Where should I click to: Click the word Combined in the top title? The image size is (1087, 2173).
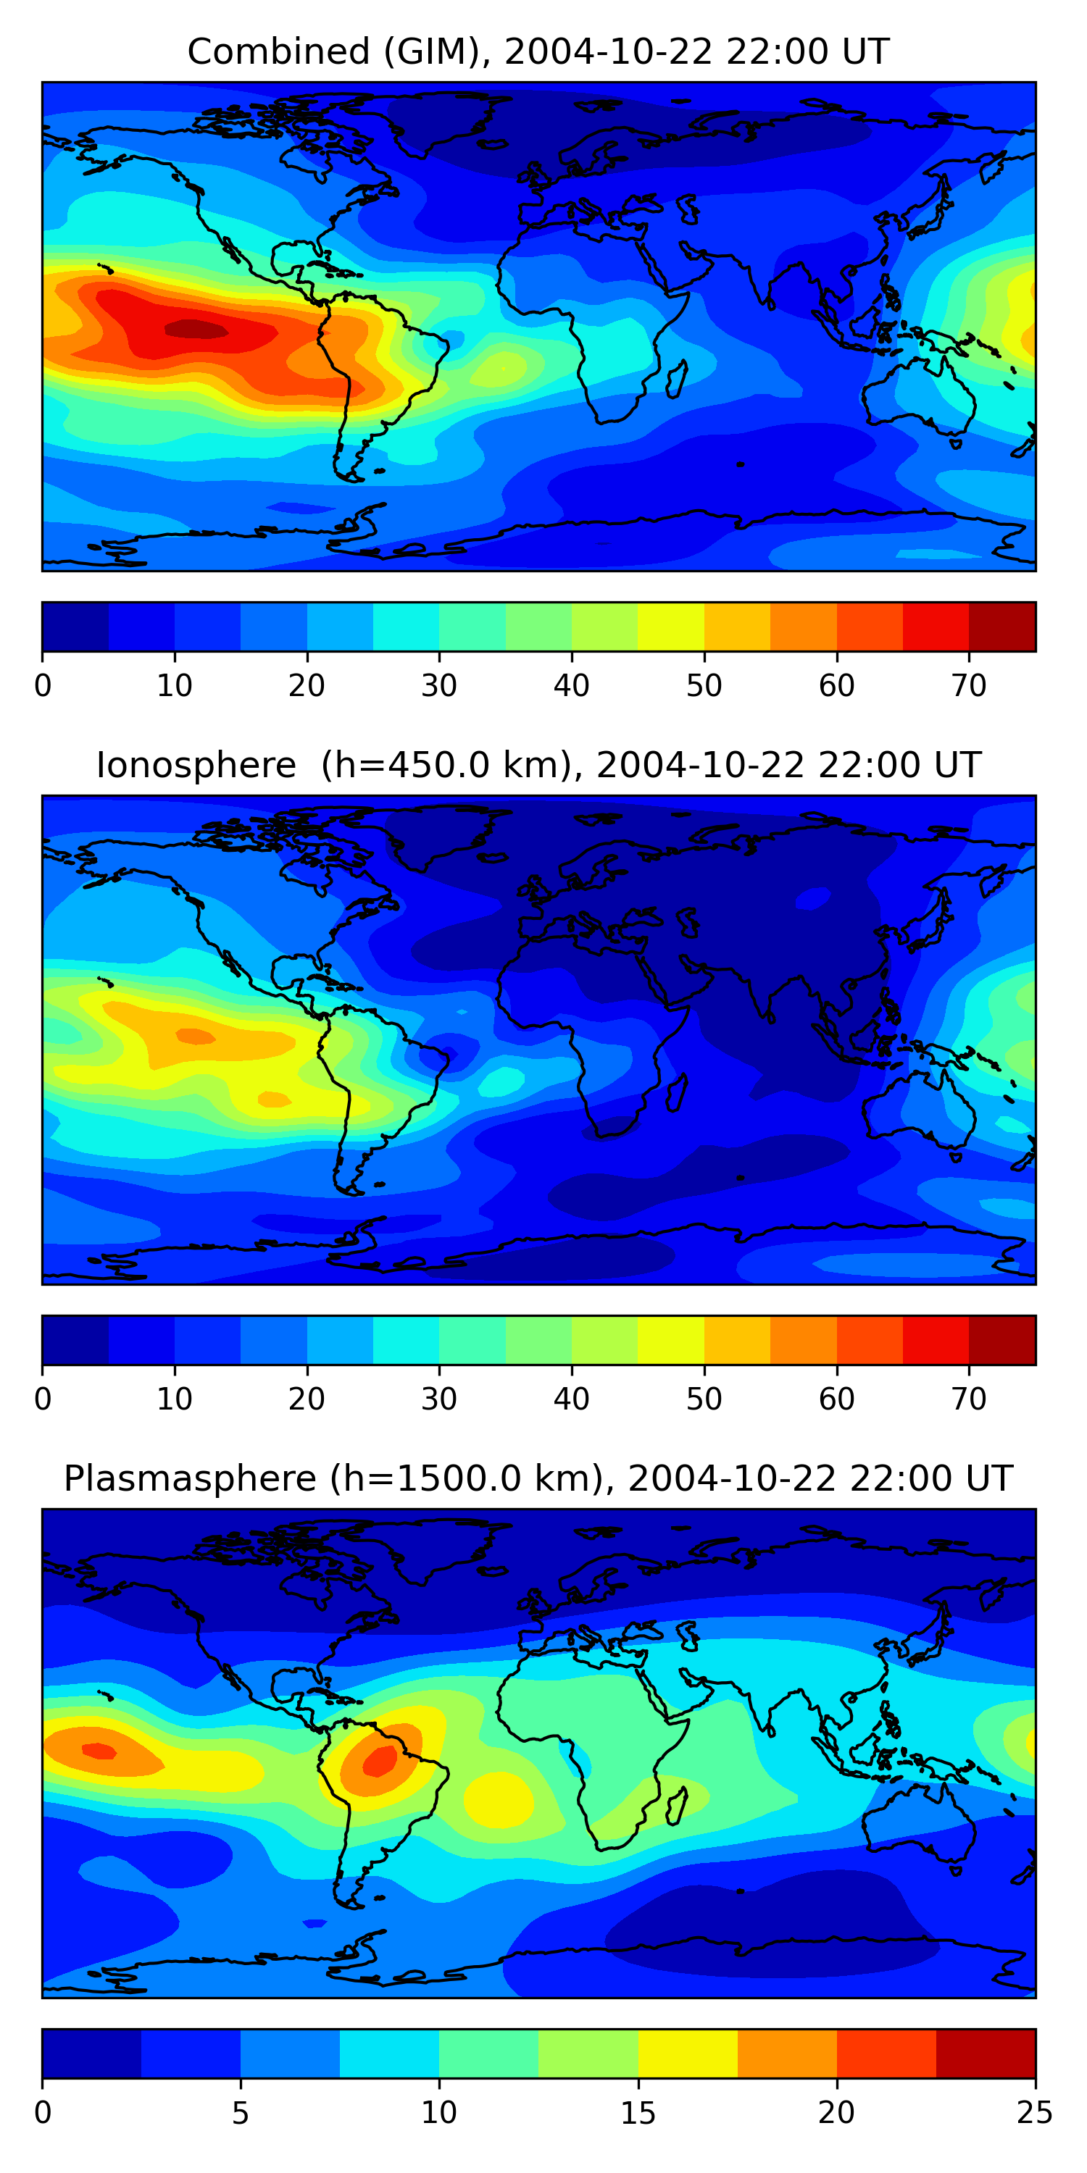click(x=278, y=51)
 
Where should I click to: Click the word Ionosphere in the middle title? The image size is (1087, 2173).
click(x=196, y=765)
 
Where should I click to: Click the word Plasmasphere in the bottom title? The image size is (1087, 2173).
click(x=189, y=1479)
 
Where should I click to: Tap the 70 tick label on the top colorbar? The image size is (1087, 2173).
click(x=968, y=686)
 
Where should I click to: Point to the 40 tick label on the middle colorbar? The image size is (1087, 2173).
click(x=571, y=1399)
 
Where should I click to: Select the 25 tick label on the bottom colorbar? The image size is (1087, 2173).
click(x=1034, y=2113)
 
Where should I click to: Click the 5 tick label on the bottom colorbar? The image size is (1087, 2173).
click(x=241, y=2113)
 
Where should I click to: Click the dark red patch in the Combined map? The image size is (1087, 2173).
click(x=196, y=329)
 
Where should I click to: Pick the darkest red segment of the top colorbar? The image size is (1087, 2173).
click(x=1001, y=627)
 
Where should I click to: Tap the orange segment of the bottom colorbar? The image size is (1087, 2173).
click(x=786, y=2053)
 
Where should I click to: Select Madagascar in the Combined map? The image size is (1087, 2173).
click(x=677, y=380)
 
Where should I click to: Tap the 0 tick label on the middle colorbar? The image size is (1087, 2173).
click(x=43, y=1399)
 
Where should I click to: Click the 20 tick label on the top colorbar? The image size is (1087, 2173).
click(x=307, y=686)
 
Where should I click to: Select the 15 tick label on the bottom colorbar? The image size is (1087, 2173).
click(x=638, y=2113)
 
